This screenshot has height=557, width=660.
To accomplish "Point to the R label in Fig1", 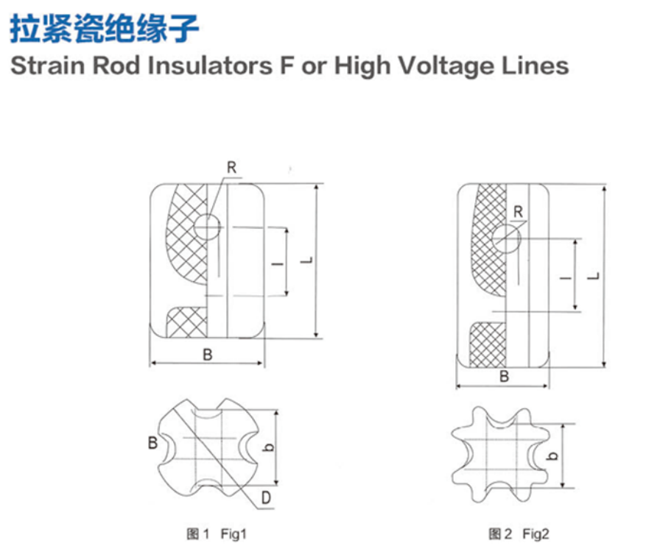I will tap(231, 168).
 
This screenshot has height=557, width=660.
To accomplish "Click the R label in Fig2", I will tap(518, 212).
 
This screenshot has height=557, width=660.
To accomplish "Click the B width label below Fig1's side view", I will tap(208, 355).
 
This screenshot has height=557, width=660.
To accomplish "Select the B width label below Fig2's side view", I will tap(505, 376).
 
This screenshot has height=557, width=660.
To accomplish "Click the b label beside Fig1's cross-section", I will tap(269, 449).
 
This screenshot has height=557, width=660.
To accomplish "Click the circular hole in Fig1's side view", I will tap(208, 227).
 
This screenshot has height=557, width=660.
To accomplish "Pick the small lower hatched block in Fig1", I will tap(187, 321).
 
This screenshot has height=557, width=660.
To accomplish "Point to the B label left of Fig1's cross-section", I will tap(152, 443).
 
